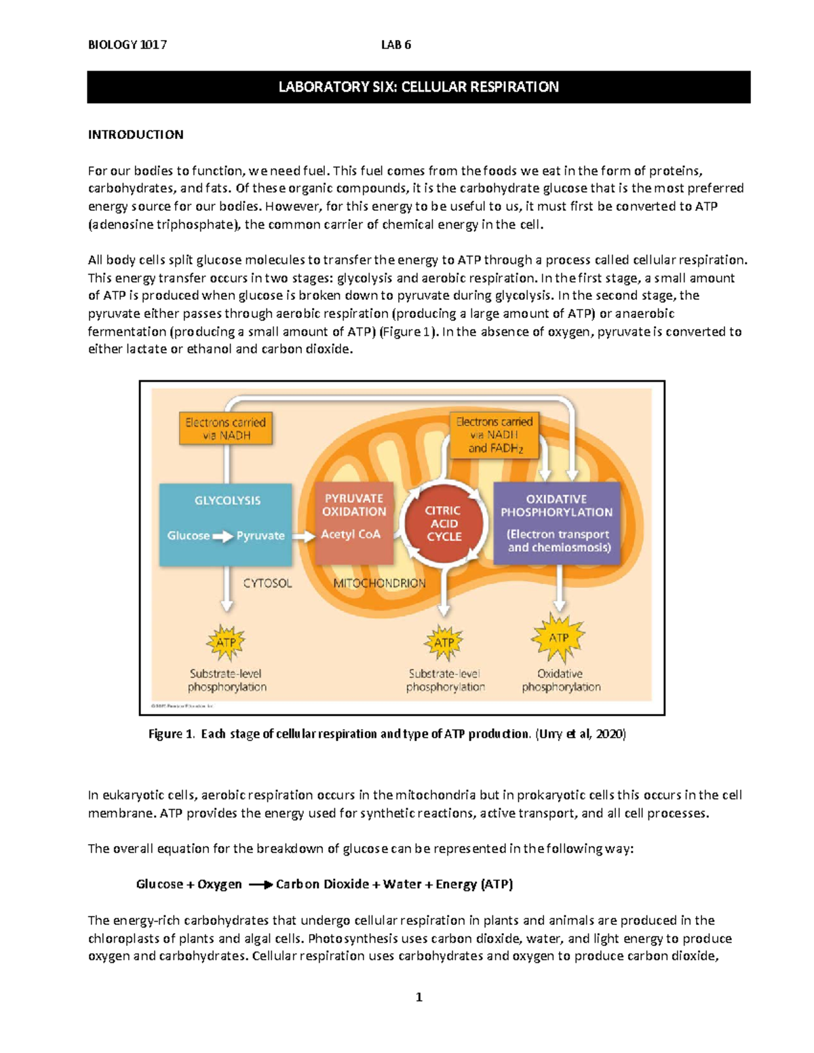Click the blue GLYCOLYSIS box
226,524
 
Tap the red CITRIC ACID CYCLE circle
444,523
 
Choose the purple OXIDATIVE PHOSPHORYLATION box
557,523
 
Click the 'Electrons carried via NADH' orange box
226,429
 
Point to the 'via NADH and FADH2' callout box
495,435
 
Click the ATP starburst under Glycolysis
226,642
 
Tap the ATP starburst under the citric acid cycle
444,642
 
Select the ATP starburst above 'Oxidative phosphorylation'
558,638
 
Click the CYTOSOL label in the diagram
267,583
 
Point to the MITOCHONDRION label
379,583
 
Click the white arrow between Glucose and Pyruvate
222,536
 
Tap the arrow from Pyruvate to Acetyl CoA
305,536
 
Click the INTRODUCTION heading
136,134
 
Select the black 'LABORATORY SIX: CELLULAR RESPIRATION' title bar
419,87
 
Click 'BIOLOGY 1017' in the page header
128,45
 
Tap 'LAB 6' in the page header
396,45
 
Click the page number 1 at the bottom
419,997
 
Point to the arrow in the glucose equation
260,885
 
